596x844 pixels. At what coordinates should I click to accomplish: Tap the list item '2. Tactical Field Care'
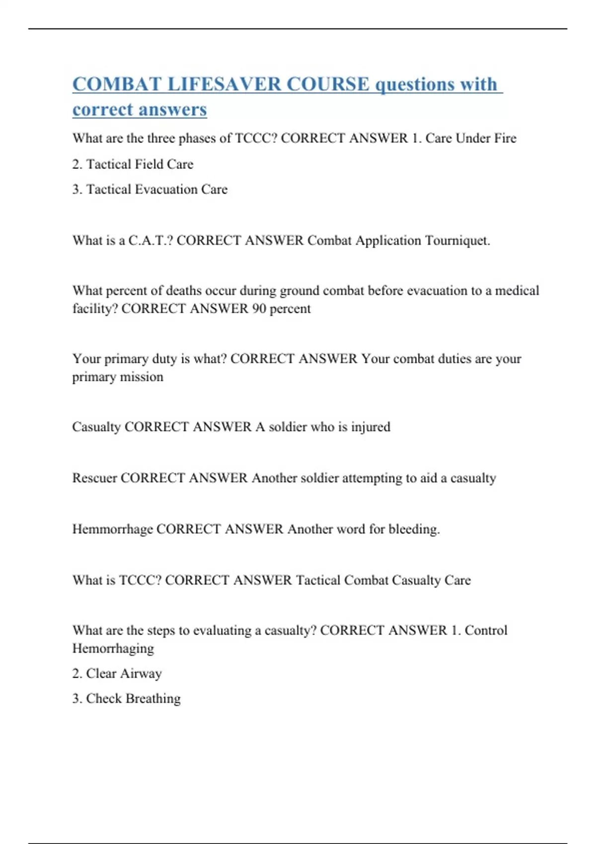pos(133,164)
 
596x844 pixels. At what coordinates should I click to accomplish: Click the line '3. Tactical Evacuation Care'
pos(149,189)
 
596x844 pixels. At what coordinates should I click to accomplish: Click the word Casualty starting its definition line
pos(96,427)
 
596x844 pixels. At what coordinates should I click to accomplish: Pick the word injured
pos(371,427)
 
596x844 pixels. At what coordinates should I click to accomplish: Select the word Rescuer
pos(94,478)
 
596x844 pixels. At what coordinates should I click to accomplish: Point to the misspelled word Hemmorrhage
pos(112,529)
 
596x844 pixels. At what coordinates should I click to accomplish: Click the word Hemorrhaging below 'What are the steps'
pos(113,648)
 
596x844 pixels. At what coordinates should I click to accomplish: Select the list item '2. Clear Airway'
pos(117,673)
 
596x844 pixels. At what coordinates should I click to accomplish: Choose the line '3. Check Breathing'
pos(126,699)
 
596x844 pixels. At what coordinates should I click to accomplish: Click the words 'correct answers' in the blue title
pos(140,109)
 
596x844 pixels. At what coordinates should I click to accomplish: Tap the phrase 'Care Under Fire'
pos(470,138)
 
